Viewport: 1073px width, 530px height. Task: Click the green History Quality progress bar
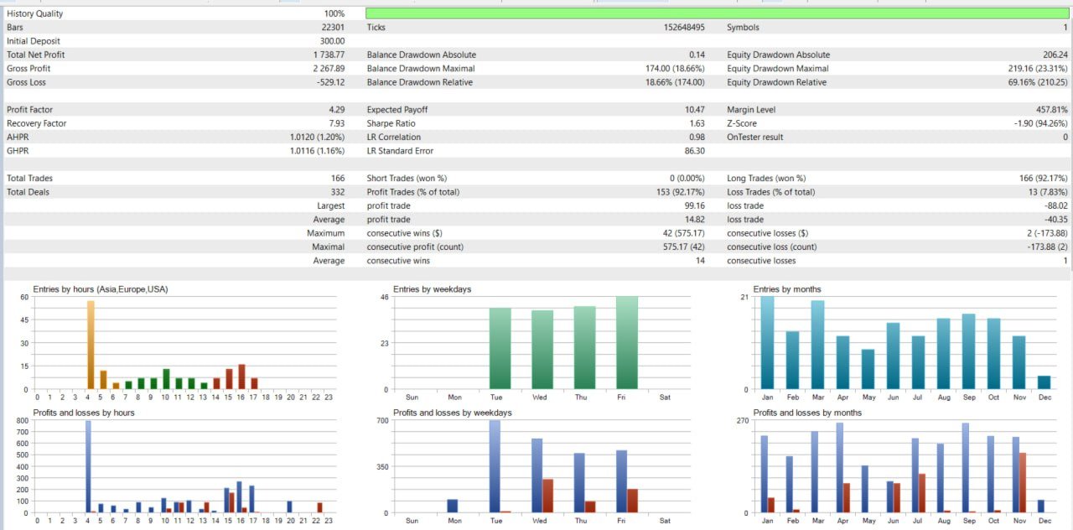pyautogui.click(x=717, y=13)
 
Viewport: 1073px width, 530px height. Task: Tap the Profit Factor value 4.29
pyautogui.click(x=336, y=110)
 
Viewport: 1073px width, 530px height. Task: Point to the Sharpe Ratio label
pyautogui.click(x=391, y=123)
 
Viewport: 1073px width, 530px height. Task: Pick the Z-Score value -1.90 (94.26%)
pyautogui.click(x=1033, y=123)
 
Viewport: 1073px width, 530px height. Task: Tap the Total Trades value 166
pyautogui.click(x=338, y=179)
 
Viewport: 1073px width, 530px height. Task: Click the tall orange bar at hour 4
pyautogui.click(x=91, y=344)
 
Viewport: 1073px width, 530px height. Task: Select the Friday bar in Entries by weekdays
pyautogui.click(x=627, y=342)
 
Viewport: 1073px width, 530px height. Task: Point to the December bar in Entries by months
pyautogui.click(x=1044, y=382)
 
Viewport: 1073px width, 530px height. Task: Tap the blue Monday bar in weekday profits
pyautogui.click(x=452, y=506)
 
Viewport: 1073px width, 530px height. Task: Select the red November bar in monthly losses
pyautogui.click(x=1023, y=482)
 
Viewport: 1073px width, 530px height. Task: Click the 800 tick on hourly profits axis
pyautogui.click(x=22, y=423)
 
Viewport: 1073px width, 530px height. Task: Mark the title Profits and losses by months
pyautogui.click(x=807, y=413)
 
